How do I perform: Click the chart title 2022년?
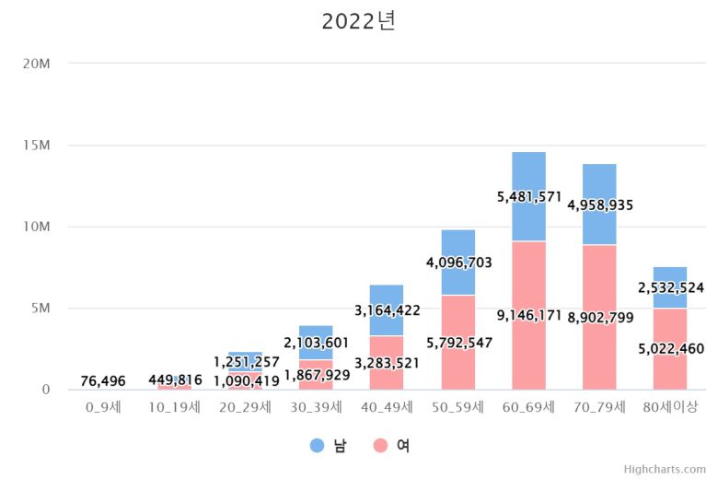[358, 21]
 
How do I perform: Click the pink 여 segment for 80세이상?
[670, 364]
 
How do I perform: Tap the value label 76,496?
[103, 381]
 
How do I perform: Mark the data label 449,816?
[175, 380]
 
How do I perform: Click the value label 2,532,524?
[671, 288]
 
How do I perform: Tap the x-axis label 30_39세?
[316, 406]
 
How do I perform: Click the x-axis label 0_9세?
[103, 406]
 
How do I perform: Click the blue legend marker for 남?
[318, 446]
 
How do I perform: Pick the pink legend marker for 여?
[380, 446]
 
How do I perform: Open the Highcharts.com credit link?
[665, 469]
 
